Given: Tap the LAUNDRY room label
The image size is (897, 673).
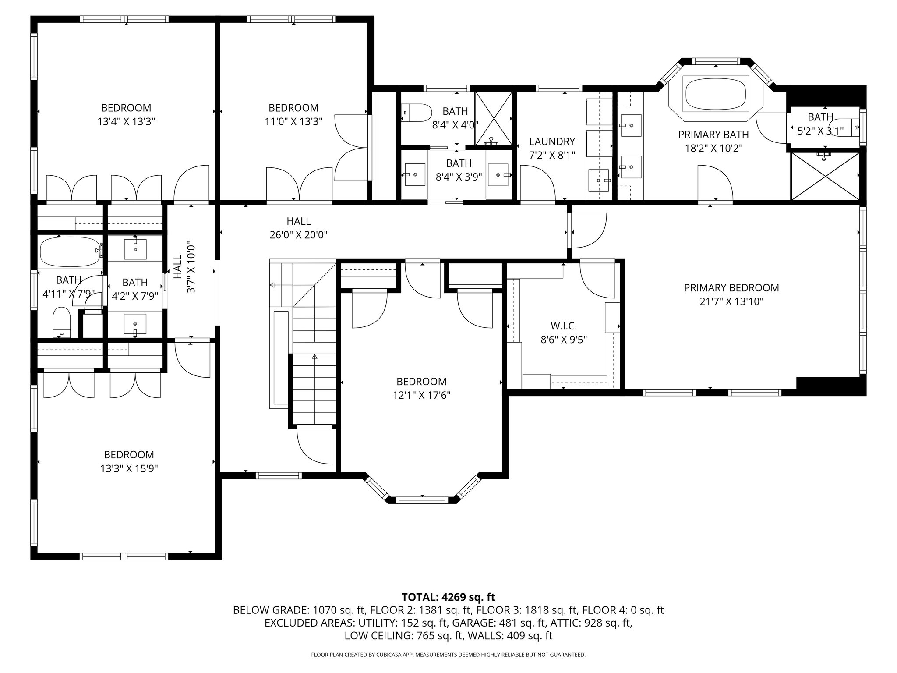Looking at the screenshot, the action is [552, 142].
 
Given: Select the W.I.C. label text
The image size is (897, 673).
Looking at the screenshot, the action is [564, 326].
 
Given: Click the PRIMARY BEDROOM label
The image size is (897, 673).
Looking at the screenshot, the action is [731, 288].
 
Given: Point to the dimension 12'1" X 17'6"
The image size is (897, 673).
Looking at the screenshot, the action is [421, 395].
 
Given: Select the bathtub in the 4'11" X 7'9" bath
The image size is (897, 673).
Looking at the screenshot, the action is [71, 252].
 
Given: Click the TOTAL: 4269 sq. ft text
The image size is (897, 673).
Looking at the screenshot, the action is [448, 597].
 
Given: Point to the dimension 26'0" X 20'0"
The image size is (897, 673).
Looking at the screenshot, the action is [298, 235].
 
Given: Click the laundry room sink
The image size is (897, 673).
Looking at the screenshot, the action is [598, 181].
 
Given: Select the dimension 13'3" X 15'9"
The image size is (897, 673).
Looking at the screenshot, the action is [129, 468].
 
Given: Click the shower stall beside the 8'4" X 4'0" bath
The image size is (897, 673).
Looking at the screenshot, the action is [494, 118].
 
